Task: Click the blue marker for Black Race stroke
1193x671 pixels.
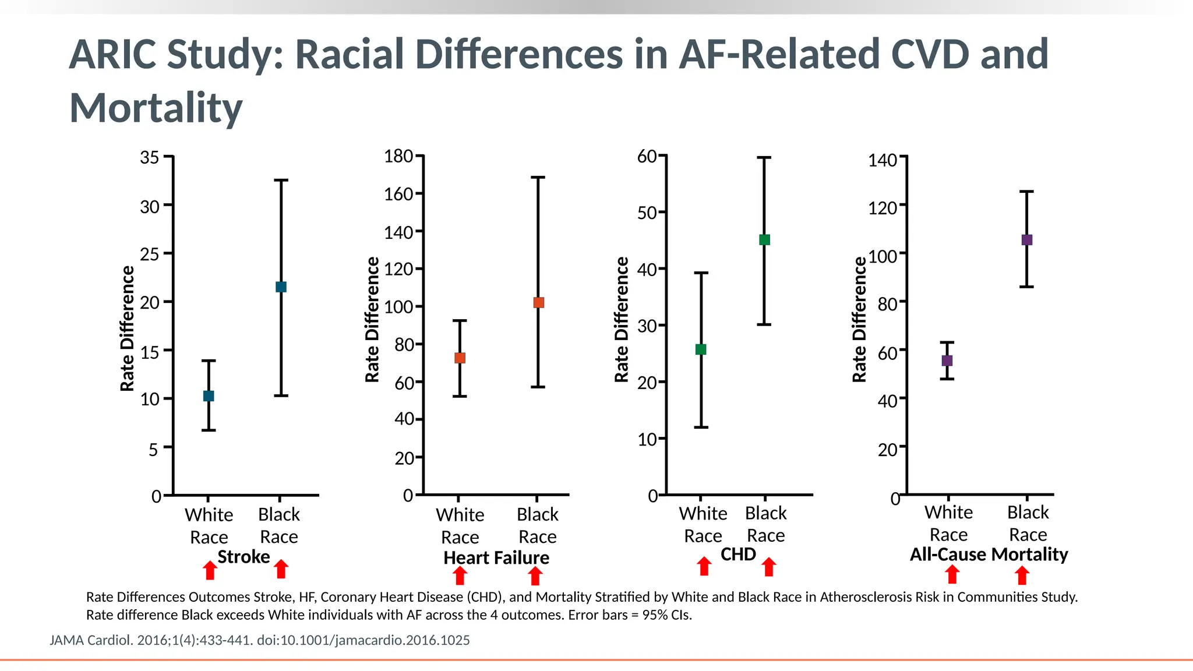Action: click(x=281, y=287)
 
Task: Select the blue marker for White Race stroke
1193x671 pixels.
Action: click(x=209, y=396)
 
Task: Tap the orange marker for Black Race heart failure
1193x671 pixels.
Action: click(x=538, y=302)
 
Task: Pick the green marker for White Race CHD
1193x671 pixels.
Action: click(x=701, y=349)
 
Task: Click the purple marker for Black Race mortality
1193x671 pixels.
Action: click(x=1027, y=240)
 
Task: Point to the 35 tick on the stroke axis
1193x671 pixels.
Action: click(x=150, y=157)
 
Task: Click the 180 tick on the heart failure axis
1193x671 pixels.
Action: click(x=398, y=156)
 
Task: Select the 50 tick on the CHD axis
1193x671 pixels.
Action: click(x=647, y=213)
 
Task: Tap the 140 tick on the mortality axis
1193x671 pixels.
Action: click(x=883, y=160)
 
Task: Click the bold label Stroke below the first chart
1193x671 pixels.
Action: click(x=243, y=557)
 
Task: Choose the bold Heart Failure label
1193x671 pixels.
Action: click(x=496, y=557)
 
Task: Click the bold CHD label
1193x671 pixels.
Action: click(x=738, y=554)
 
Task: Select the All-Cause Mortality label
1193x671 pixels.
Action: click(x=989, y=554)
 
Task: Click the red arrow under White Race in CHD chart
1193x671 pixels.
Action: click(x=704, y=566)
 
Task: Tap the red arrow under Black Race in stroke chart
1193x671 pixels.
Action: click(x=281, y=569)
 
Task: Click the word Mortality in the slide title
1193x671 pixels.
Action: click(x=156, y=108)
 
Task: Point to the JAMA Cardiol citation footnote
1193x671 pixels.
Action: click(x=260, y=640)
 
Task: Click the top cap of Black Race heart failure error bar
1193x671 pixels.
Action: click(x=538, y=177)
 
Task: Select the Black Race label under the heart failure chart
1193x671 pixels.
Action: click(x=537, y=525)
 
